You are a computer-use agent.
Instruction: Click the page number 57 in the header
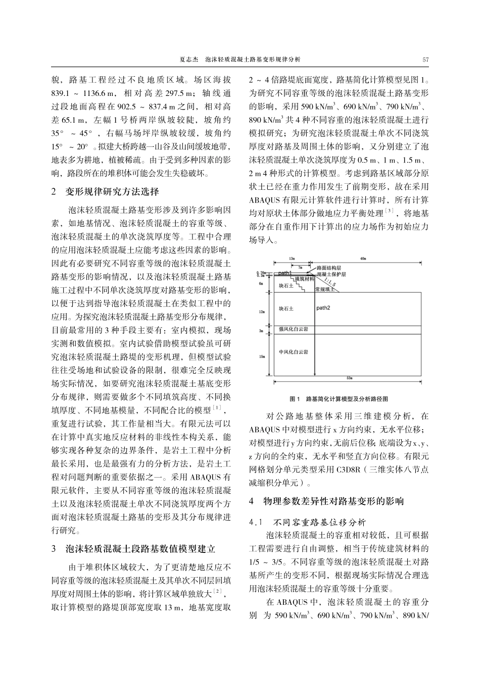tap(425, 60)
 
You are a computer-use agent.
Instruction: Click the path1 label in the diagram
tap(285, 273)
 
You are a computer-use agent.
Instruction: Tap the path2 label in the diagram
tap(323, 307)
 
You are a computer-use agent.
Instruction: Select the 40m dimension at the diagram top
tap(363, 258)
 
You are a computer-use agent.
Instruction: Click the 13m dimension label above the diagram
tap(292, 258)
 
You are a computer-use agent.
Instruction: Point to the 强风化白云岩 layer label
tap(294, 329)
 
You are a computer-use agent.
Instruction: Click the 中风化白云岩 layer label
tap(294, 351)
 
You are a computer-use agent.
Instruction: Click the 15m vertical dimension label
tap(262, 356)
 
